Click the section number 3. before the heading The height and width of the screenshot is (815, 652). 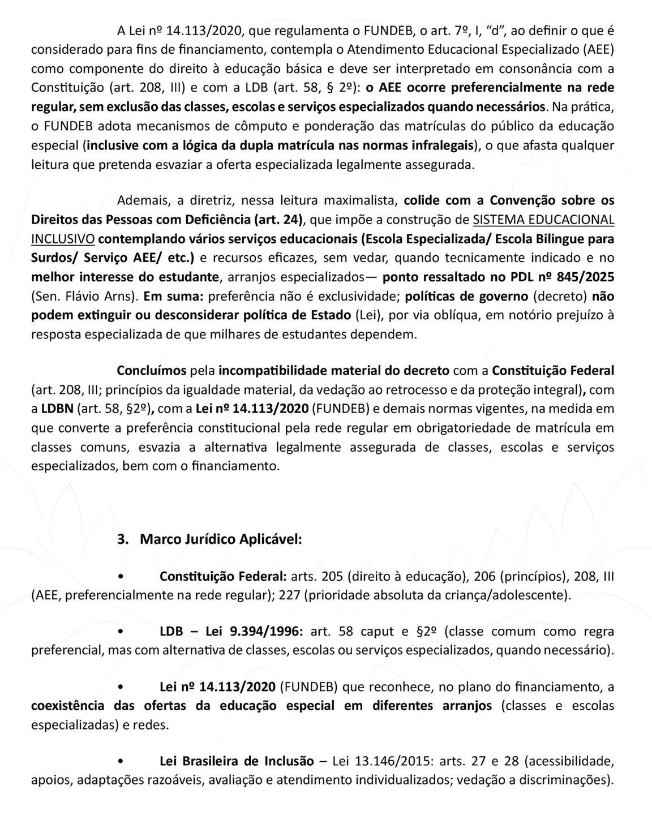click(123, 539)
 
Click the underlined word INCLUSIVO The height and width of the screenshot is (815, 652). click(62, 238)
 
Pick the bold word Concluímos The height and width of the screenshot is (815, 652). click(151, 371)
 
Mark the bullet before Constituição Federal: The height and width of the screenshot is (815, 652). click(120, 577)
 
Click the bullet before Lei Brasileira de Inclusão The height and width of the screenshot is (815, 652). click(120, 761)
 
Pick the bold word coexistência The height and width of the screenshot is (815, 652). click(68, 706)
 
